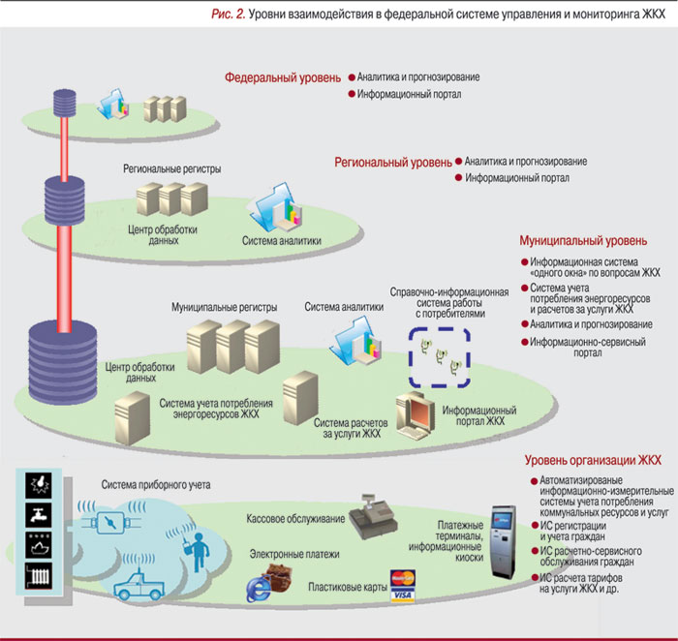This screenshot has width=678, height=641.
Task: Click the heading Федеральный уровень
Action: pyautogui.click(x=282, y=76)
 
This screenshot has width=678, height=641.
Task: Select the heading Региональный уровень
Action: pyautogui.click(x=392, y=162)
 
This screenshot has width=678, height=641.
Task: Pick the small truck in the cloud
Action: pyautogui.click(x=142, y=583)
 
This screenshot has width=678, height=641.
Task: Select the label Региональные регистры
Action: pyautogui.click(x=171, y=168)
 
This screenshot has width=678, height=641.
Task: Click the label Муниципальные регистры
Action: pyautogui.click(x=224, y=307)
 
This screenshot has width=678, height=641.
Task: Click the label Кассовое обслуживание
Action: pyautogui.click(x=295, y=519)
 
